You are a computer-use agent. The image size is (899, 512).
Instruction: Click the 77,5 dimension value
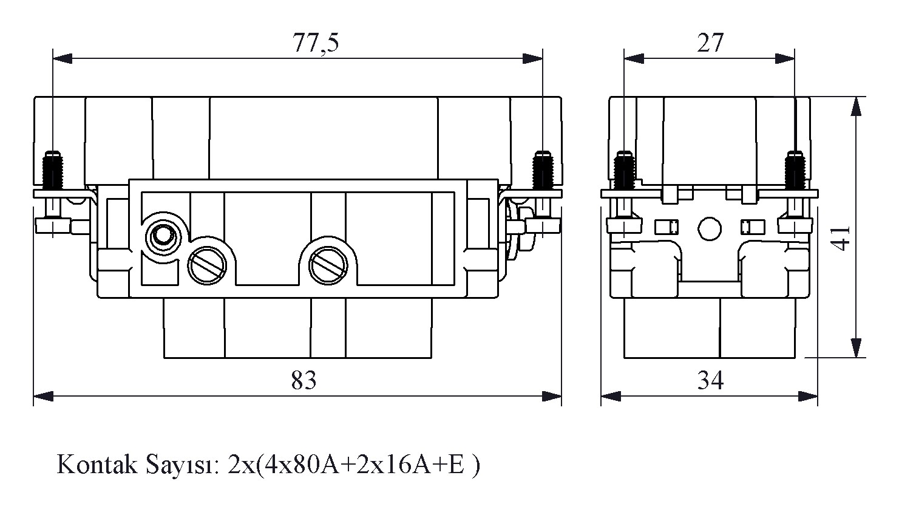pos(316,43)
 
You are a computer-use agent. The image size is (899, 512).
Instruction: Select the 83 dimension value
pos(304,381)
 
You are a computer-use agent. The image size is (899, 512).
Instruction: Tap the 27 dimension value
pos(710,43)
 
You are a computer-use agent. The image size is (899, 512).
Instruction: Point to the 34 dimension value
pos(710,381)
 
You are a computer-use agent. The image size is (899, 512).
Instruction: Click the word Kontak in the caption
pos(92,466)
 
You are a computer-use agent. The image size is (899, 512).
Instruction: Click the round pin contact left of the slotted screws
pos(162,234)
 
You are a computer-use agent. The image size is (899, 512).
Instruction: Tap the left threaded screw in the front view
pos(55,171)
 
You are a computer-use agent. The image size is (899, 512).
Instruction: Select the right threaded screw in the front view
pos(541,171)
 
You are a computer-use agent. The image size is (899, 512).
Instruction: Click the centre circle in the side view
pos(710,228)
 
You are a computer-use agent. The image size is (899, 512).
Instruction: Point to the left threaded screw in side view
pos(623,171)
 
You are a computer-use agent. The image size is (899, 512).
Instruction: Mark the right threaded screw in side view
pos(795,171)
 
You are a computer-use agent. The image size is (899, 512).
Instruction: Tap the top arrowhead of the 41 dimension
pos(856,106)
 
